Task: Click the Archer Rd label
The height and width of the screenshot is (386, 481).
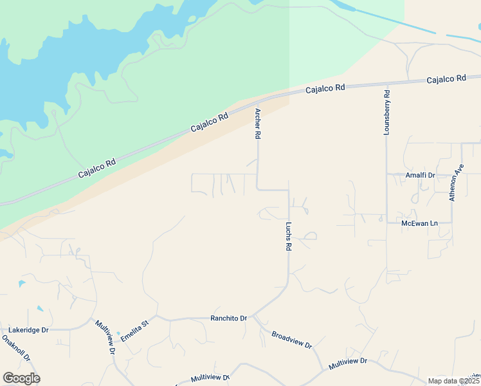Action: click(x=258, y=124)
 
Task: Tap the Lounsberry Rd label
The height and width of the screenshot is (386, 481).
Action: click(x=386, y=111)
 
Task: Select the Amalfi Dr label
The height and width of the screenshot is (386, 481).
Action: click(x=420, y=175)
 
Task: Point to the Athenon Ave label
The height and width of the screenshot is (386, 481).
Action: click(x=456, y=182)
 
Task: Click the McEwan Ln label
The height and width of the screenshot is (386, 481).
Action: click(x=419, y=223)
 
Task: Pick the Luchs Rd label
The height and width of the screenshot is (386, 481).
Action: click(x=289, y=237)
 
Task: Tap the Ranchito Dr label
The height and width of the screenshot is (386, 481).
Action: click(x=229, y=318)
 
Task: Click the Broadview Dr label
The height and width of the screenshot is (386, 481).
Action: click(x=291, y=340)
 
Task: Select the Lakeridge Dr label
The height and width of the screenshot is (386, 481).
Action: click(x=27, y=329)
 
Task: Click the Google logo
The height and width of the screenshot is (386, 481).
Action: click(x=21, y=378)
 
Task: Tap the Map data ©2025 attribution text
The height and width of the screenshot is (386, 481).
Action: click(x=453, y=381)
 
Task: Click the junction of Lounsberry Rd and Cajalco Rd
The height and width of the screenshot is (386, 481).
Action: click(x=386, y=84)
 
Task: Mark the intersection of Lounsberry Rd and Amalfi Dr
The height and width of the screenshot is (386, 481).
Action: click(x=386, y=174)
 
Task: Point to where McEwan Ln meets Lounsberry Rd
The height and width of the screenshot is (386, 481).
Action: click(x=386, y=223)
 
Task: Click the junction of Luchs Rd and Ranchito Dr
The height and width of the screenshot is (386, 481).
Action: click(x=253, y=317)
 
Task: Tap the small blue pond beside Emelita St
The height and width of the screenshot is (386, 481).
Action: click(x=118, y=335)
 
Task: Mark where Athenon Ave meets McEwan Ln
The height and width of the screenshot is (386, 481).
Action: click(x=452, y=223)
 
